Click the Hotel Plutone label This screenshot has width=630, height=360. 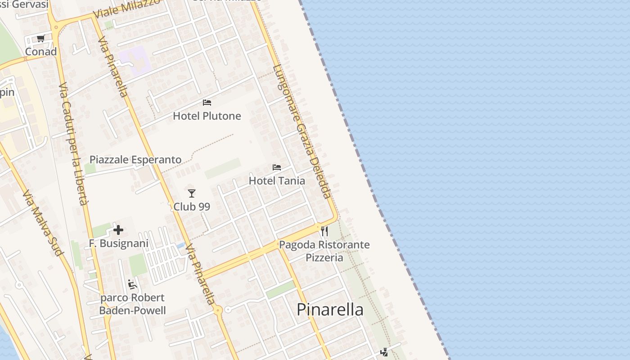pos(207,116)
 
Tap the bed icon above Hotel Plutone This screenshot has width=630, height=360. pos(207,103)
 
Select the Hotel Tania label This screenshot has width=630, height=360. pos(277,181)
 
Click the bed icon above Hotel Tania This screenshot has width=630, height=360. pos(277,167)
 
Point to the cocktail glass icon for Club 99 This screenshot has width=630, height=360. pos(192,193)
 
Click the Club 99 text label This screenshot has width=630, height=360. pos(192,207)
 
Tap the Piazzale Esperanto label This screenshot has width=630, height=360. pos(135,160)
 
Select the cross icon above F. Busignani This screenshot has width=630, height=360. pos(118,230)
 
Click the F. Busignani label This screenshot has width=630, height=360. pos(119,243)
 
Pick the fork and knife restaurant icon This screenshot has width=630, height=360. pos(324,231)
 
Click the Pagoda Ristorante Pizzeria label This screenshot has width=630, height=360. pos(324,251)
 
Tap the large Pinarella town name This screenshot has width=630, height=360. pos(330,310)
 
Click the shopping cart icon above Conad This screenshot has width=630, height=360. pos(41,39)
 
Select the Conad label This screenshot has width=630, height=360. pos(41,52)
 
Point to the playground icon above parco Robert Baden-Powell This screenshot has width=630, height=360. pos(132,284)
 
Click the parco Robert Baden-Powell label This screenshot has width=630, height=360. pos(132,304)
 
